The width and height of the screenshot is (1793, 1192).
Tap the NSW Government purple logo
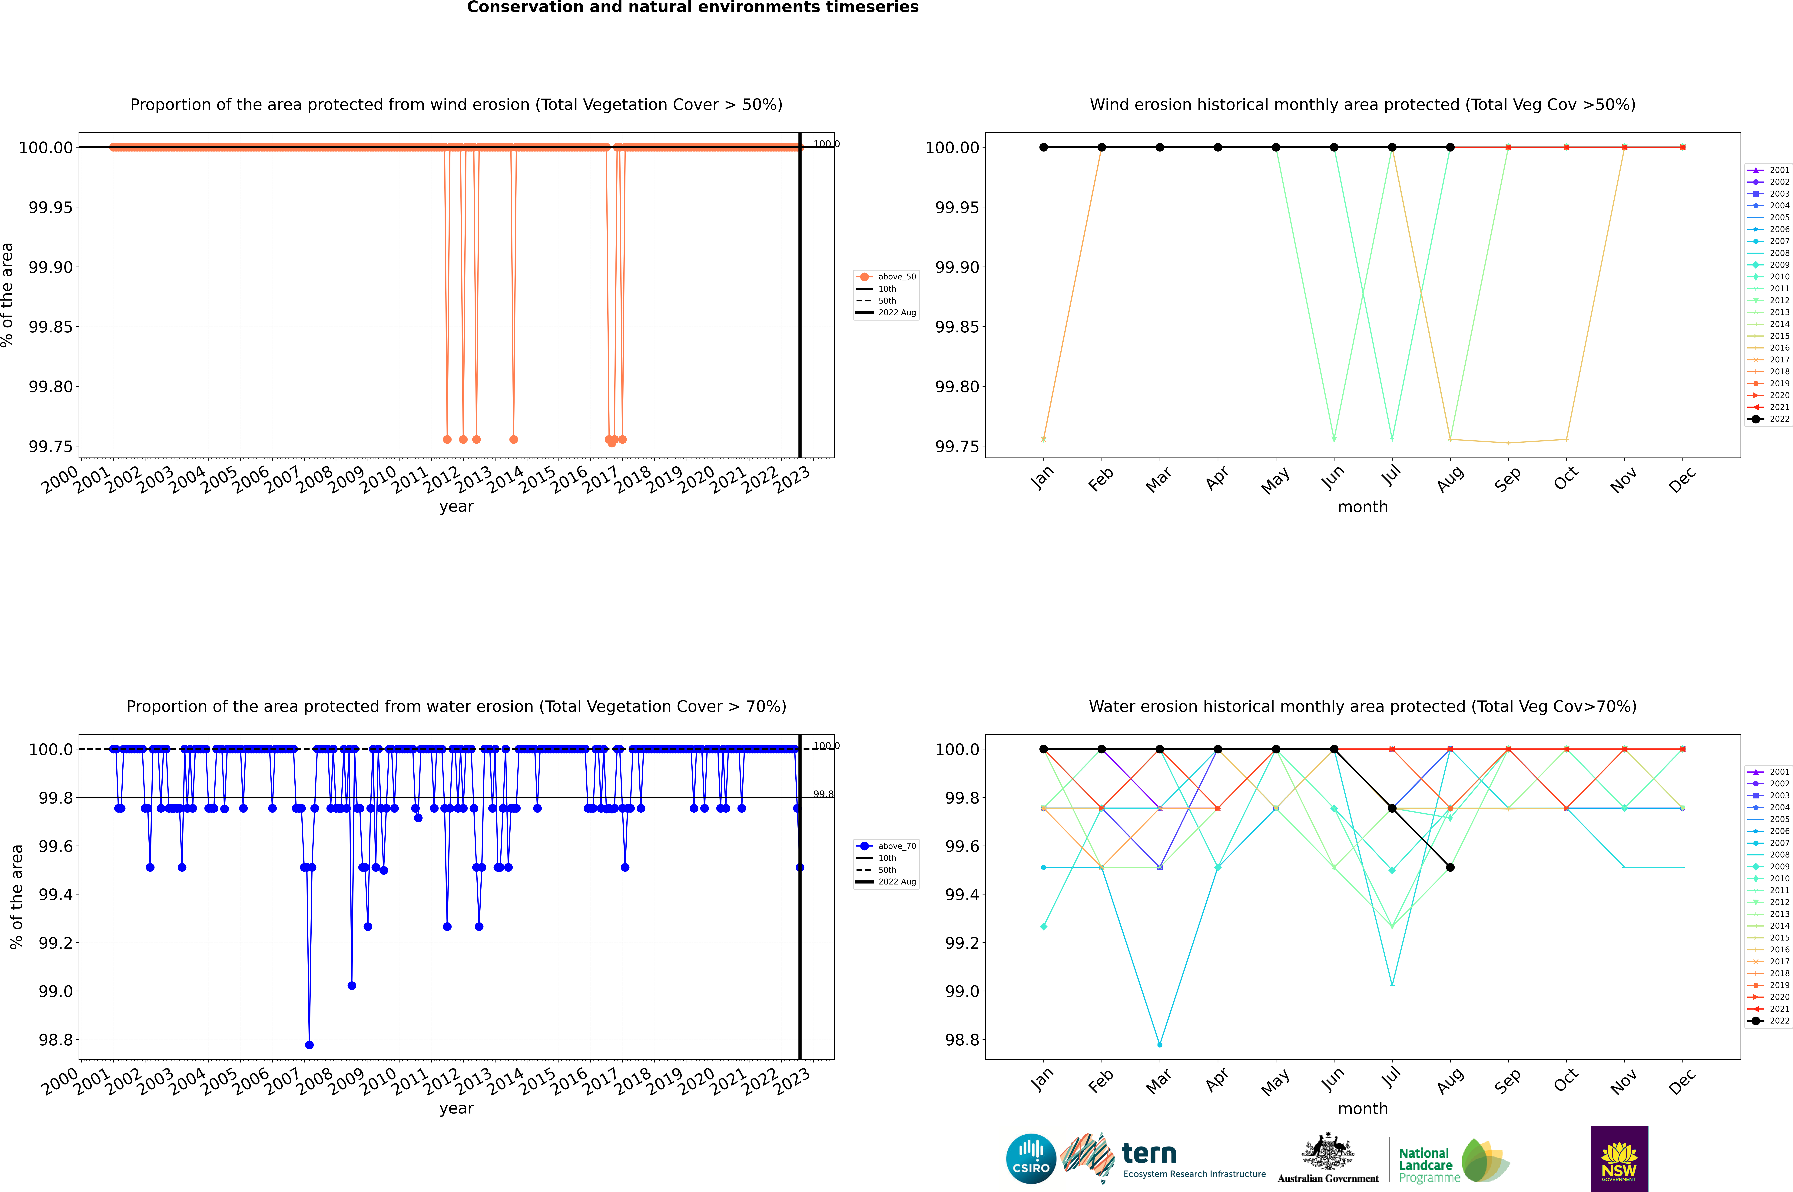pos(1619,1159)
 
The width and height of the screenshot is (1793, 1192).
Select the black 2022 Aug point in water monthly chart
pos(1450,867)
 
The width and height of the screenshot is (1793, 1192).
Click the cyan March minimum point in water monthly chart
pos(1159,1044)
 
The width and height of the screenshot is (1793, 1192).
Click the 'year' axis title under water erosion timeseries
pos(456,1108)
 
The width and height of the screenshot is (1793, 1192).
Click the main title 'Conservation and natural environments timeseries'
pos(692,8)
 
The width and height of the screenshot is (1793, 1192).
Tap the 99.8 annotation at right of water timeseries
pos(823,794)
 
